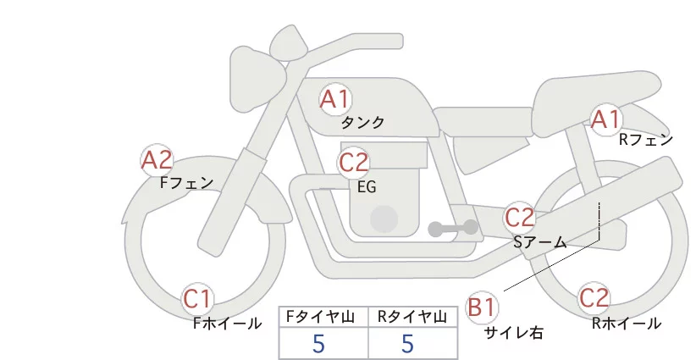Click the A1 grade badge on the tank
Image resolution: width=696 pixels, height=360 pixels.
tap(334, 99)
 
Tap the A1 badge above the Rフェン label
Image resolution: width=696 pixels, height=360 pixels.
tap(606, 119)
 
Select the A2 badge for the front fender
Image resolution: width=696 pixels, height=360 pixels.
tap(157, 159)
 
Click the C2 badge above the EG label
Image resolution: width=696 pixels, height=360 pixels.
tap(353, 162)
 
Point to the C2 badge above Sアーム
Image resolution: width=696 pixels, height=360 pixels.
tap(520, 218)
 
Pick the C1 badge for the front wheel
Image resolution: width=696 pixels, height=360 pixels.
tap(199, 299)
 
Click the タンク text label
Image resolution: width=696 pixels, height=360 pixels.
tap(363, 123)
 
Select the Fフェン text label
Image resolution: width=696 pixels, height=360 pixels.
tap(186, 182)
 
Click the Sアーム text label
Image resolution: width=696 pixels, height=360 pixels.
tap(540, 241)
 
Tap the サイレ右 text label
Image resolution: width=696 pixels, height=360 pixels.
tap(513, 333)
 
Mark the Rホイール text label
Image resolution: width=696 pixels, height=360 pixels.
tap(627, 323)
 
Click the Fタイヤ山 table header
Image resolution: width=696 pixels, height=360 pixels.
tap(323, 316)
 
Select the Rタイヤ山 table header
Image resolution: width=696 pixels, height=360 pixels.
tap(412, 316)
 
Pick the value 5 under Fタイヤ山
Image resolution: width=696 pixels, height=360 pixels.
tap(319, 343)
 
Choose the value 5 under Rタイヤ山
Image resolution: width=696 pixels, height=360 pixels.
tap(408, 343)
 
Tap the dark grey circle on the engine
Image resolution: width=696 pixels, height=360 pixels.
tap(385, 219)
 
